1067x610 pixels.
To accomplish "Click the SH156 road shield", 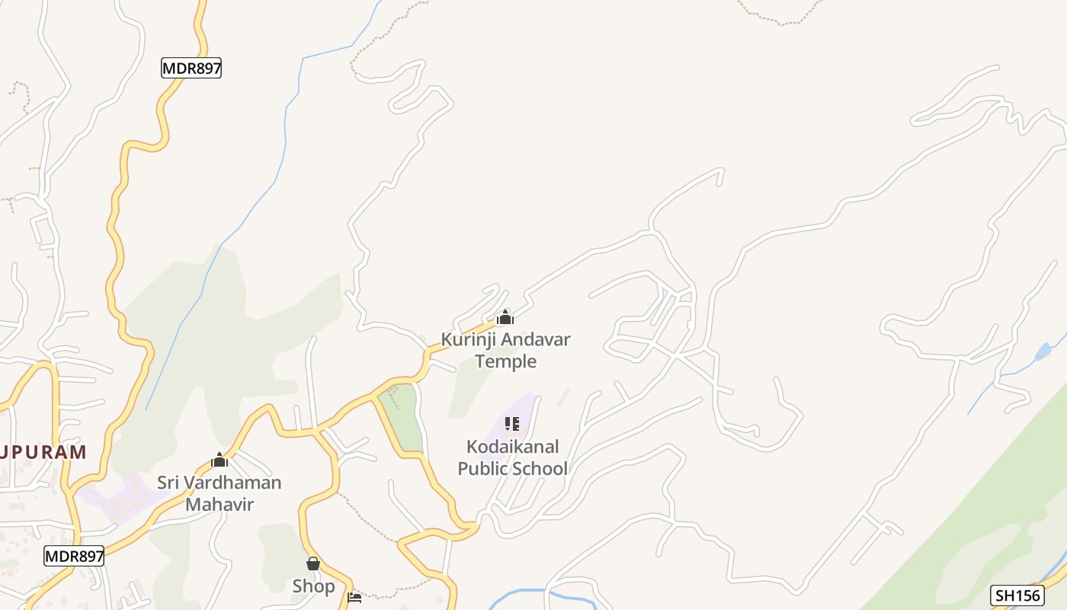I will pos(1017,595).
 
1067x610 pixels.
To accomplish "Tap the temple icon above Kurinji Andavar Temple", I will pos(505,317).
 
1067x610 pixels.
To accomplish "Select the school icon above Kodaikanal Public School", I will pos(512,424).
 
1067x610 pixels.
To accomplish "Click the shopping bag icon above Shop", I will pos(312,564).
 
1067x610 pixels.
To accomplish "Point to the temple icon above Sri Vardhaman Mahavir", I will pos(219,460).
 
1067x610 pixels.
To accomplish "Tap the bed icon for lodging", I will pos(354,597).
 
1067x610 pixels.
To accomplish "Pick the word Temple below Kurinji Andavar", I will pos(506,361).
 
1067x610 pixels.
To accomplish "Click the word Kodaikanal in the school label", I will pos(513,446).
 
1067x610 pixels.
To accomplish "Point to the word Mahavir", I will pos(219,504).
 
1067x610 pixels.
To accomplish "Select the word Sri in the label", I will pos(170,483).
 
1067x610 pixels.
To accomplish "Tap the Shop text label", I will pos(313,586).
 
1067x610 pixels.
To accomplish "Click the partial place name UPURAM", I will pos(43,452).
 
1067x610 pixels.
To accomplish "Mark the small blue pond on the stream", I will pos(1042,352).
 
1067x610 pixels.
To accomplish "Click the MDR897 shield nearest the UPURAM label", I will pos(73,556).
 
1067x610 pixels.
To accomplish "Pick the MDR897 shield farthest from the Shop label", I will pos(191,68).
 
